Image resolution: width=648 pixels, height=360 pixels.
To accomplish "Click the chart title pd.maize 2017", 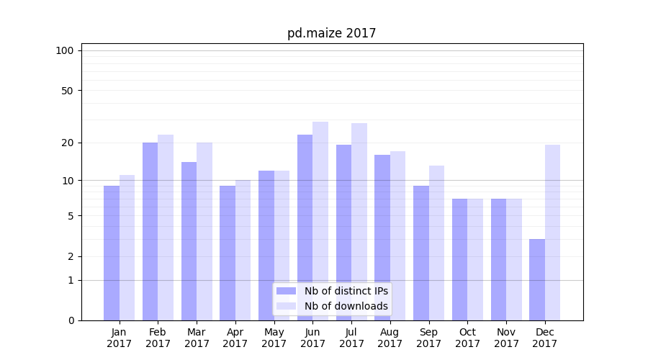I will [x=331, y=33].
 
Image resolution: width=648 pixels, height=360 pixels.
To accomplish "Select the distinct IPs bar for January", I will [x=112, y=253].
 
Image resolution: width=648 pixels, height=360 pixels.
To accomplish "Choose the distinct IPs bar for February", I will [x=150, y=231].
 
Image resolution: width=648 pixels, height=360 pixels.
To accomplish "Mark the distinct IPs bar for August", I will [x=382, y=238].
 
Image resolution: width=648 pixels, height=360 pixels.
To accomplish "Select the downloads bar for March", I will [x=204, y=231].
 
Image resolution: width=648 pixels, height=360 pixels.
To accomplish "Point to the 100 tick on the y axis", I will [x=65, y=50].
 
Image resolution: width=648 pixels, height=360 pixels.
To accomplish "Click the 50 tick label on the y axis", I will [x=67, y=91].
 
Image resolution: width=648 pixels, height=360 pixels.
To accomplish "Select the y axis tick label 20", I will [x=67, y=143].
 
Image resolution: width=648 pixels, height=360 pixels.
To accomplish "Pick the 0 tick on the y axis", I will [x=70, y=320].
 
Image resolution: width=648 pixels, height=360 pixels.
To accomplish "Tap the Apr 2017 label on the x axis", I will [x=235, y=338].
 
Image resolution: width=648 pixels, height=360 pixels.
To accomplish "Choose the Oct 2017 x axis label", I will [x=467, y=338].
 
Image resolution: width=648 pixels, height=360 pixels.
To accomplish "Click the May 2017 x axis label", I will [x=274, y=338].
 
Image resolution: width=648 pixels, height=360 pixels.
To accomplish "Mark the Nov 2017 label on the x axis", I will [x=506, y=338].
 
